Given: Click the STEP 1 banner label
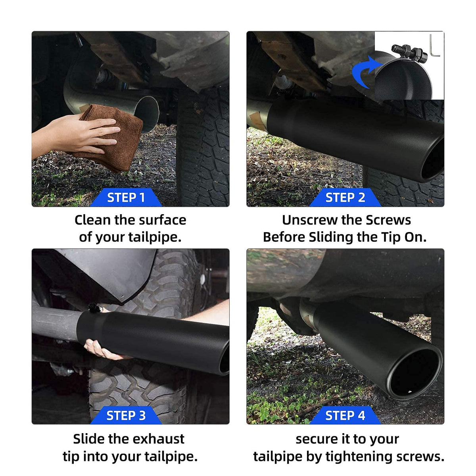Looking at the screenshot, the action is (126, 198).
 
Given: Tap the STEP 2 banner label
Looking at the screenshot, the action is (345, 198).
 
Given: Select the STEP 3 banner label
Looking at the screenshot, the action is (126, 415).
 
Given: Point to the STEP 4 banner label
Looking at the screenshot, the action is (345, 415).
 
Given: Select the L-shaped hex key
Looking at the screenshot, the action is (434, 47).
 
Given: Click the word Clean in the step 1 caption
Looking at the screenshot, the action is (93, 220).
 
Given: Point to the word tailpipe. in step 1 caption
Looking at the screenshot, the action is (155, 238).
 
